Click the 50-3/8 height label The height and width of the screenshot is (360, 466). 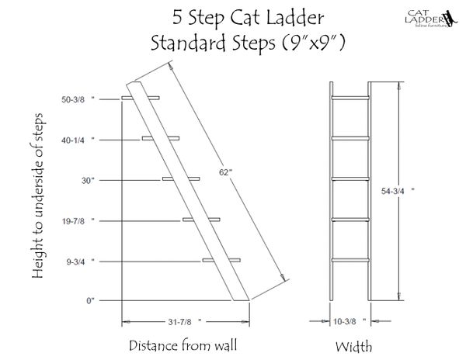tap(78, 99)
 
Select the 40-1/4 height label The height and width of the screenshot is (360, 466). tap(78, 140)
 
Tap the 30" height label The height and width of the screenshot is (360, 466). tap(88, 181)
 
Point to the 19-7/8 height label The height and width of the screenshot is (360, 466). tap(78, 221)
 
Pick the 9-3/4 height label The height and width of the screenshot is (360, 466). tap(80, 261)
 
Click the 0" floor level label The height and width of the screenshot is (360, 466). tap(90, 300)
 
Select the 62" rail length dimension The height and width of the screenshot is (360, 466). tap(225, 172)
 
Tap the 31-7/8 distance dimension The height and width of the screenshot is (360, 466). tap(185, 322)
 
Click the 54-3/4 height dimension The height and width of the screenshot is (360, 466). tap(398, 191)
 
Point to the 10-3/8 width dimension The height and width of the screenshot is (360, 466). tap(349, 321)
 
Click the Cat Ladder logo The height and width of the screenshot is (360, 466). tap(430, 19)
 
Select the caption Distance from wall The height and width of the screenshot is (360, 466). tap(183, 345)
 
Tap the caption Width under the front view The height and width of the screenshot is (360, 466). tap(353, 346)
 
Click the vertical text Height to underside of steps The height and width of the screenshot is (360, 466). tap(38, 196)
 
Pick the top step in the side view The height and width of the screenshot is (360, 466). tap(141, 98)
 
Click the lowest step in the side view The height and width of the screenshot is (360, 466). tap(221, 260)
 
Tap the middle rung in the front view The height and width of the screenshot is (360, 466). tap(350, 178)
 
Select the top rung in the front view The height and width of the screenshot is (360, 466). tap(350, 98)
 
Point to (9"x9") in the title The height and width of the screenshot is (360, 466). tap(313, 43)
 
